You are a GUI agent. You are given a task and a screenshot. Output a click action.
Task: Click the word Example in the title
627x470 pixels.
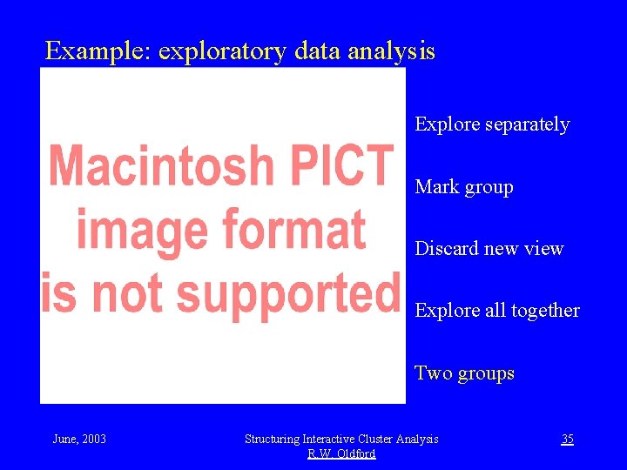(97, 51)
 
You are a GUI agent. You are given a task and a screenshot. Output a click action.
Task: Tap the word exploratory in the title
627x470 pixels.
(222, 52)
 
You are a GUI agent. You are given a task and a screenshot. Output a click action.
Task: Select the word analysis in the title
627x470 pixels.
(391, 52)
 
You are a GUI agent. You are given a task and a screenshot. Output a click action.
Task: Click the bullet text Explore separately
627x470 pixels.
(492, 124)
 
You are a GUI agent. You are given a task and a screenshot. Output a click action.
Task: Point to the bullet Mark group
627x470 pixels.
(464, 187)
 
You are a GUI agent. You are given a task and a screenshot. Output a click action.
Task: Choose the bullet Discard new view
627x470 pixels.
(489, 249)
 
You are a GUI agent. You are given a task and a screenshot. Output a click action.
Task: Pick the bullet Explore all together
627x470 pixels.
(497, 311)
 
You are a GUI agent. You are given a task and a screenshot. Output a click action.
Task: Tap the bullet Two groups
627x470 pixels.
(464, 373)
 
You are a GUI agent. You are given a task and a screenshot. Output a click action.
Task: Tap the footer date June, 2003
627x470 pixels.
(79, 439)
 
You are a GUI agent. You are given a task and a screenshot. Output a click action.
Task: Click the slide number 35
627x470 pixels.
(567, 439)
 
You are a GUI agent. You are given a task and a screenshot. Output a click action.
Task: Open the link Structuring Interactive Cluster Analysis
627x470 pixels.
(341, 439)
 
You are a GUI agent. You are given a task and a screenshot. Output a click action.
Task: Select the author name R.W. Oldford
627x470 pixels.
(341, 453)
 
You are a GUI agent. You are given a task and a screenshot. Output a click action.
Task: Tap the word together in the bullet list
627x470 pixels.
(546, 311)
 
